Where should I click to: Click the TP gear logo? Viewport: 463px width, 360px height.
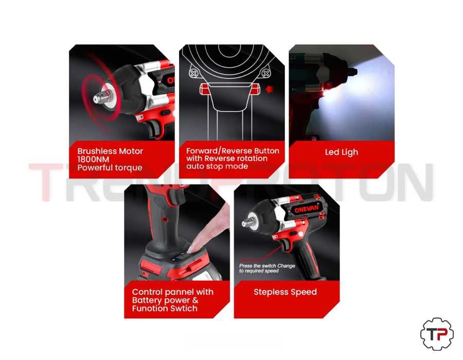pyautogui.click(x=437, y=334)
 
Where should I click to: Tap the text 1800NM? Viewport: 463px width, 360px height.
pyautogui.click(x=93, y=159)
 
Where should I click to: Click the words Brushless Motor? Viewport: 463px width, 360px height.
pyautogui.click(x=110, y=151)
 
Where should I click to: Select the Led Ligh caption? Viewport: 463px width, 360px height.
pyautogui.click(x=342, y=152)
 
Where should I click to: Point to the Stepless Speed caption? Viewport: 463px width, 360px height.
pyautogui.click(x=285, y=292)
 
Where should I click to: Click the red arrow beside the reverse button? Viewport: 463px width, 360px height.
pyautogui.click(x=269, y=89)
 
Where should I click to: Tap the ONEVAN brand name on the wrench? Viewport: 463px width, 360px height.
pyautogui.click(x=307, y=209)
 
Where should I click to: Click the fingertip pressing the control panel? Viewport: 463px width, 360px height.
pyautogui.click(x=192, y=248)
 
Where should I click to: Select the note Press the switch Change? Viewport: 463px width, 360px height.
pyautogui.click(x=267, y=265)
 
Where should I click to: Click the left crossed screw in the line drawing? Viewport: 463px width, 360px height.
pyautogui.click(x=194, y=73)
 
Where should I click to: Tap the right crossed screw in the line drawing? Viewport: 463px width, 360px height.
pyautogui.click(x=265, y=73)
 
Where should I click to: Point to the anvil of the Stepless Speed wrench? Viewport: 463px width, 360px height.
pyautogui.click(x=246, y=223)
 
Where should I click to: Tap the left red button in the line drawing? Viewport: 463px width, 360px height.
pyautogui.click(x=204, y=89)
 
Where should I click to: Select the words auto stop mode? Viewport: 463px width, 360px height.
pyautogui.click(x=217, y=166)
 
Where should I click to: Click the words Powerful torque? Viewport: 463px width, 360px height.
pyautogui.click(x=110, y=168)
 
